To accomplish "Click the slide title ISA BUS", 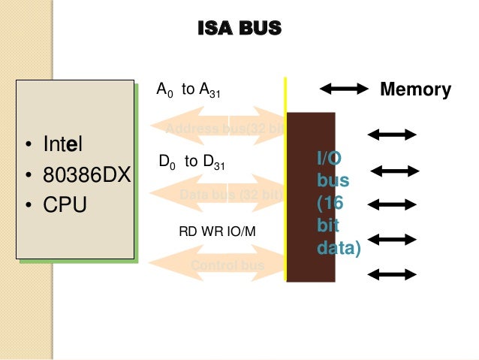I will click(239, 29).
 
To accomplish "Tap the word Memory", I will click(415, 90).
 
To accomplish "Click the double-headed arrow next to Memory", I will click(345, 89).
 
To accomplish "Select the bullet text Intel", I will click(63, 143).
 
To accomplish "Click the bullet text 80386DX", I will click(86, 174).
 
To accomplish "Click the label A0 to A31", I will click(187, 90).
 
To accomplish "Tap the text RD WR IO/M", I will click(217, 230).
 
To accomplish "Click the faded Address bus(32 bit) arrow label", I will click(224, 129).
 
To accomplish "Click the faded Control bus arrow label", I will click(227, 265).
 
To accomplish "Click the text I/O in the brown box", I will click(328, 158).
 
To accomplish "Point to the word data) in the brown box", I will click(339, 247).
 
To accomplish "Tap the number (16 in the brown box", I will click(330, 203).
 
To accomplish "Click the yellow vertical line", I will click(285, 180).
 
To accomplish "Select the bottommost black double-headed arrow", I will click(391, 274).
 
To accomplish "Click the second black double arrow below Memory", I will click(397, 171).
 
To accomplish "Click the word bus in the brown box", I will click(332, 180).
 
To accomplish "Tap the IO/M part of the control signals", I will click(243, 230).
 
